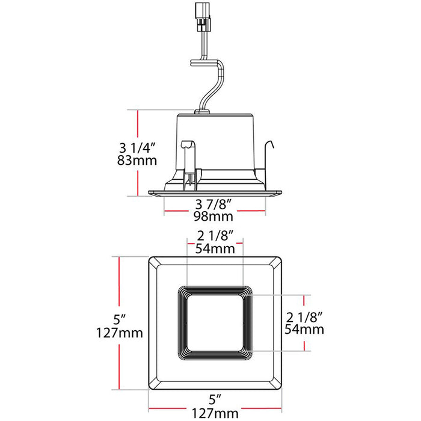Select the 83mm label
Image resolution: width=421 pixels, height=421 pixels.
tap(137, 161)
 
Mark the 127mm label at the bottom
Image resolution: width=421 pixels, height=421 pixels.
tap(215, 413)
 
